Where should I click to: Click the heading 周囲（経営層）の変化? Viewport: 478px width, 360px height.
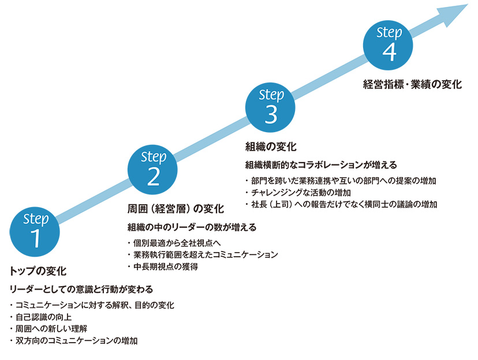click(x=175, y=208)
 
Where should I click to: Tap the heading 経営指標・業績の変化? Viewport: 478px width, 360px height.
click(x=413, y=84)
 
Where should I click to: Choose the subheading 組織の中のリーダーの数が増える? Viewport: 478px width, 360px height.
click(x=192, y=227)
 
